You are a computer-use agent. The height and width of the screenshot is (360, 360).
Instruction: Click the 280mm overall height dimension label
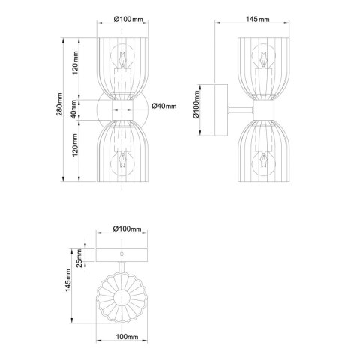(59, 104)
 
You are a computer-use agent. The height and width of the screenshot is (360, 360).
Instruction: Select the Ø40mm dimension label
(164, 106)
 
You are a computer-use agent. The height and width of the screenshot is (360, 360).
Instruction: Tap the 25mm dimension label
(79, 258)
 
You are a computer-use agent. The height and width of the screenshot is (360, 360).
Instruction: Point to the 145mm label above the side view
(258, 19)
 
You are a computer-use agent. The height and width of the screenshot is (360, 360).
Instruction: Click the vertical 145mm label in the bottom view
(68, 280)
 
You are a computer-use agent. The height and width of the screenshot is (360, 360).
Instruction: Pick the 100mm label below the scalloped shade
(127, 337)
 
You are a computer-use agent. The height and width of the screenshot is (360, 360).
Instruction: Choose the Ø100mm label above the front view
(128, 19)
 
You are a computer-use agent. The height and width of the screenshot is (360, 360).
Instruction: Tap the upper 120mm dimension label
(75, 63)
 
